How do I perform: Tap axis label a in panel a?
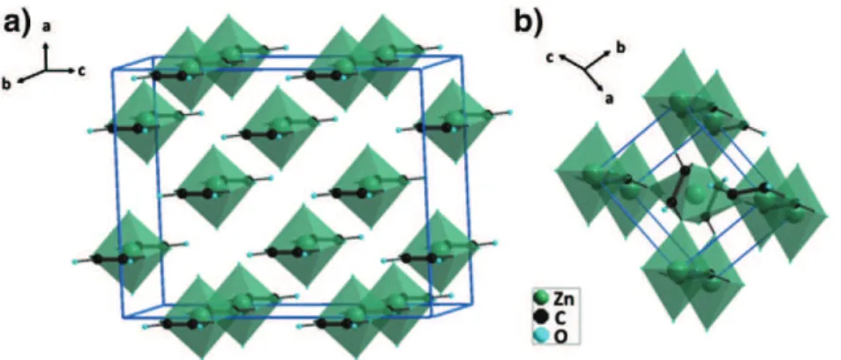47,26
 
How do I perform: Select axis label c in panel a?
81,70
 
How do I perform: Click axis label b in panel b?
620,46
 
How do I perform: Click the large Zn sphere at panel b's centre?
697,194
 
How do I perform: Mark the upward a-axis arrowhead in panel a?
47,45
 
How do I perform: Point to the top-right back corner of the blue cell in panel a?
462,55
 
